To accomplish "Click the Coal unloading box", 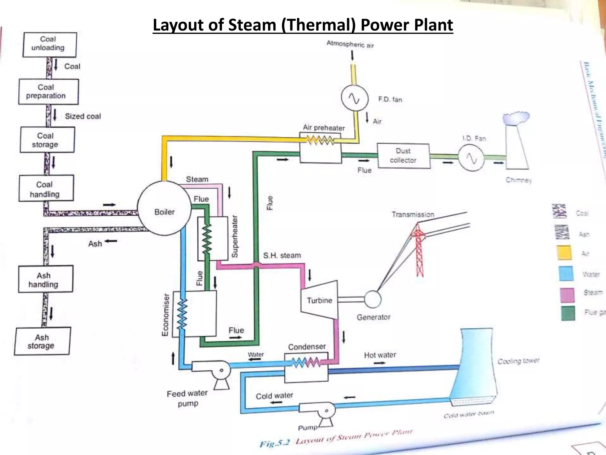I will [50, 45].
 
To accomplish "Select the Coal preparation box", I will [49, 92].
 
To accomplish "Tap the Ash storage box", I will [42, 341].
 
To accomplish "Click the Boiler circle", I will [164, 208].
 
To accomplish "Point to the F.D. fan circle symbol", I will [354, 98].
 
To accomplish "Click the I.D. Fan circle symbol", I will [471, 158].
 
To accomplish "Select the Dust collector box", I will [404, 156].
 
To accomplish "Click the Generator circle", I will [372, 299].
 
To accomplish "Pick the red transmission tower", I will [418, 249].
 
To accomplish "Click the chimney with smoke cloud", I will [517, 145].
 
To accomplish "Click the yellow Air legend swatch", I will [565, 253].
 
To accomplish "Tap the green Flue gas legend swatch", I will [568, 313].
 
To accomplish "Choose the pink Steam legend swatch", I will [567, 295].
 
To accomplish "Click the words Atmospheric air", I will [350, 44].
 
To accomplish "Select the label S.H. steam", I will [282, 255].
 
